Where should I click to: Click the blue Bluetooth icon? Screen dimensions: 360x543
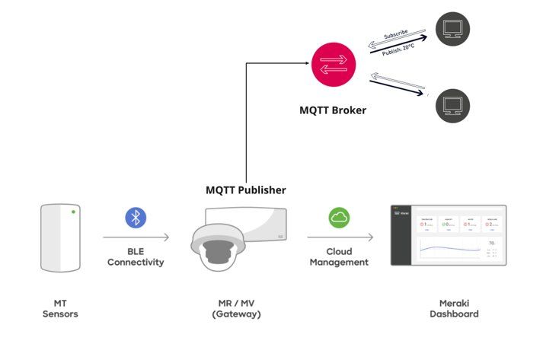136,218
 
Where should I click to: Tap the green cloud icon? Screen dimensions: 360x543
340,218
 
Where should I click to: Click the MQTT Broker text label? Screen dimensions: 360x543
333,110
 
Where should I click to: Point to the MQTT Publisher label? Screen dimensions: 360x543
246,190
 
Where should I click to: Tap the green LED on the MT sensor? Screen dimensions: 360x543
73,211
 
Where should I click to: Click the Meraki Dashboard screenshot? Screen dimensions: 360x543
447,235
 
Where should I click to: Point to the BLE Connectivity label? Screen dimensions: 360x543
136,256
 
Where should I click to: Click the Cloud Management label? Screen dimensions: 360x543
339,256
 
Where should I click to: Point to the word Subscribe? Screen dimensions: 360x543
396,35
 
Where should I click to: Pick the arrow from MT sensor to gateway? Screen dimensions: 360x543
136,237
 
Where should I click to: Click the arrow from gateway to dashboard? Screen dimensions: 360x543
340,237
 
